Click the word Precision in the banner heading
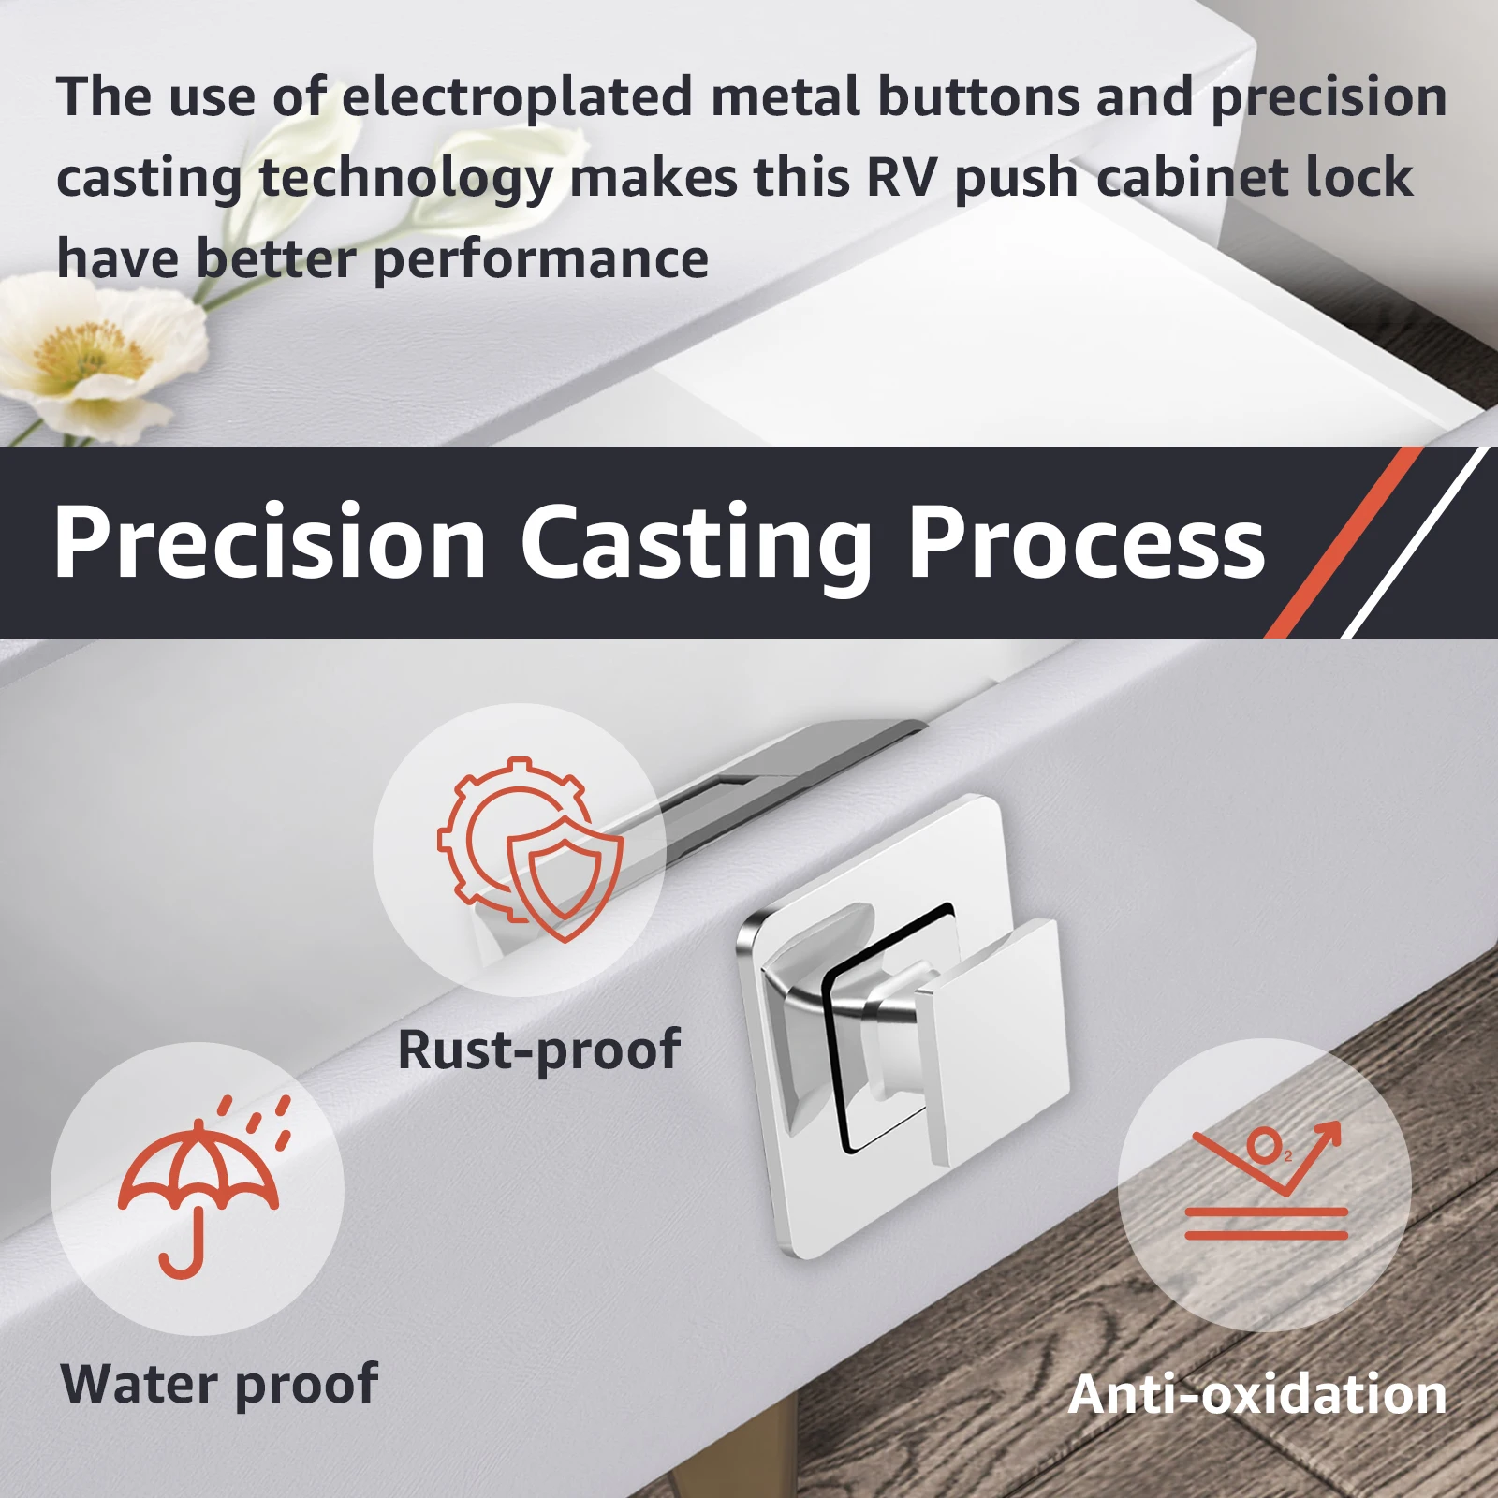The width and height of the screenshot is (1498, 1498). tap(271, 543)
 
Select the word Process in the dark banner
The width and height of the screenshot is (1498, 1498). tap(1086, 543)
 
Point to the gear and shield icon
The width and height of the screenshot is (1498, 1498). tap(530, 848)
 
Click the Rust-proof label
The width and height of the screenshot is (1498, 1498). tap(538, 1050)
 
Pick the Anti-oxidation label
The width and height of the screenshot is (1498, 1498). tap(1256, 1394)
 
